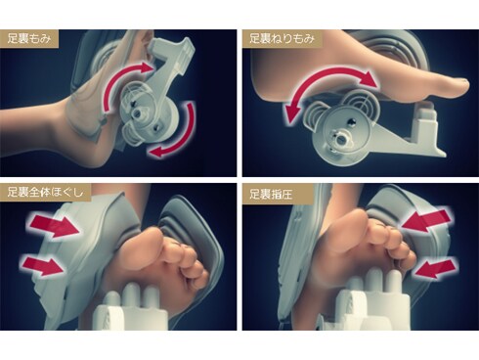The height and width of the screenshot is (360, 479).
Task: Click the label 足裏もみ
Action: pyautogui.click(x=29, y=39)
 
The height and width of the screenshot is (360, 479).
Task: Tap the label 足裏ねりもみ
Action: pyautogui.click(x=282, y=39)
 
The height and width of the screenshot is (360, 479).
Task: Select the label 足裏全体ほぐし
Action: pyautogui.click(x=45, y=192)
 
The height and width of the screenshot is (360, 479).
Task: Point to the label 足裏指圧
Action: pyautogui.click(x=271, y=195)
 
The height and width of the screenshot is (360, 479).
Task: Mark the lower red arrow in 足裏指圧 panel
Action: pyautogui.click(x=437, y=267)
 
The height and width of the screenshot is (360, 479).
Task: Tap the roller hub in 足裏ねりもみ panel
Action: pyautogui.click(x=341, y=139)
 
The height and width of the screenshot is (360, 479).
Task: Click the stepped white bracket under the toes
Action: pyautogui.click(x=423, y=129)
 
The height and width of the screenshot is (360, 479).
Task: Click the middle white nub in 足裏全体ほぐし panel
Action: pyautogui.click(x=131, y=294)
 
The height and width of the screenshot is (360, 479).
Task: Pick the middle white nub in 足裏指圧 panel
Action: pyautogui.click(x=373, y=281)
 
